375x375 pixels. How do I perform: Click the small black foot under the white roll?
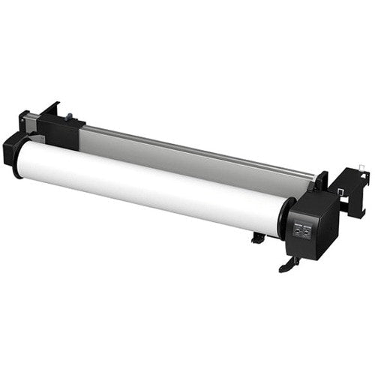coord(258,238)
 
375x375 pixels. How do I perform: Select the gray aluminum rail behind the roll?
coord(195,154)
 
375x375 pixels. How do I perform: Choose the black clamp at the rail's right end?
coord(321,182)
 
